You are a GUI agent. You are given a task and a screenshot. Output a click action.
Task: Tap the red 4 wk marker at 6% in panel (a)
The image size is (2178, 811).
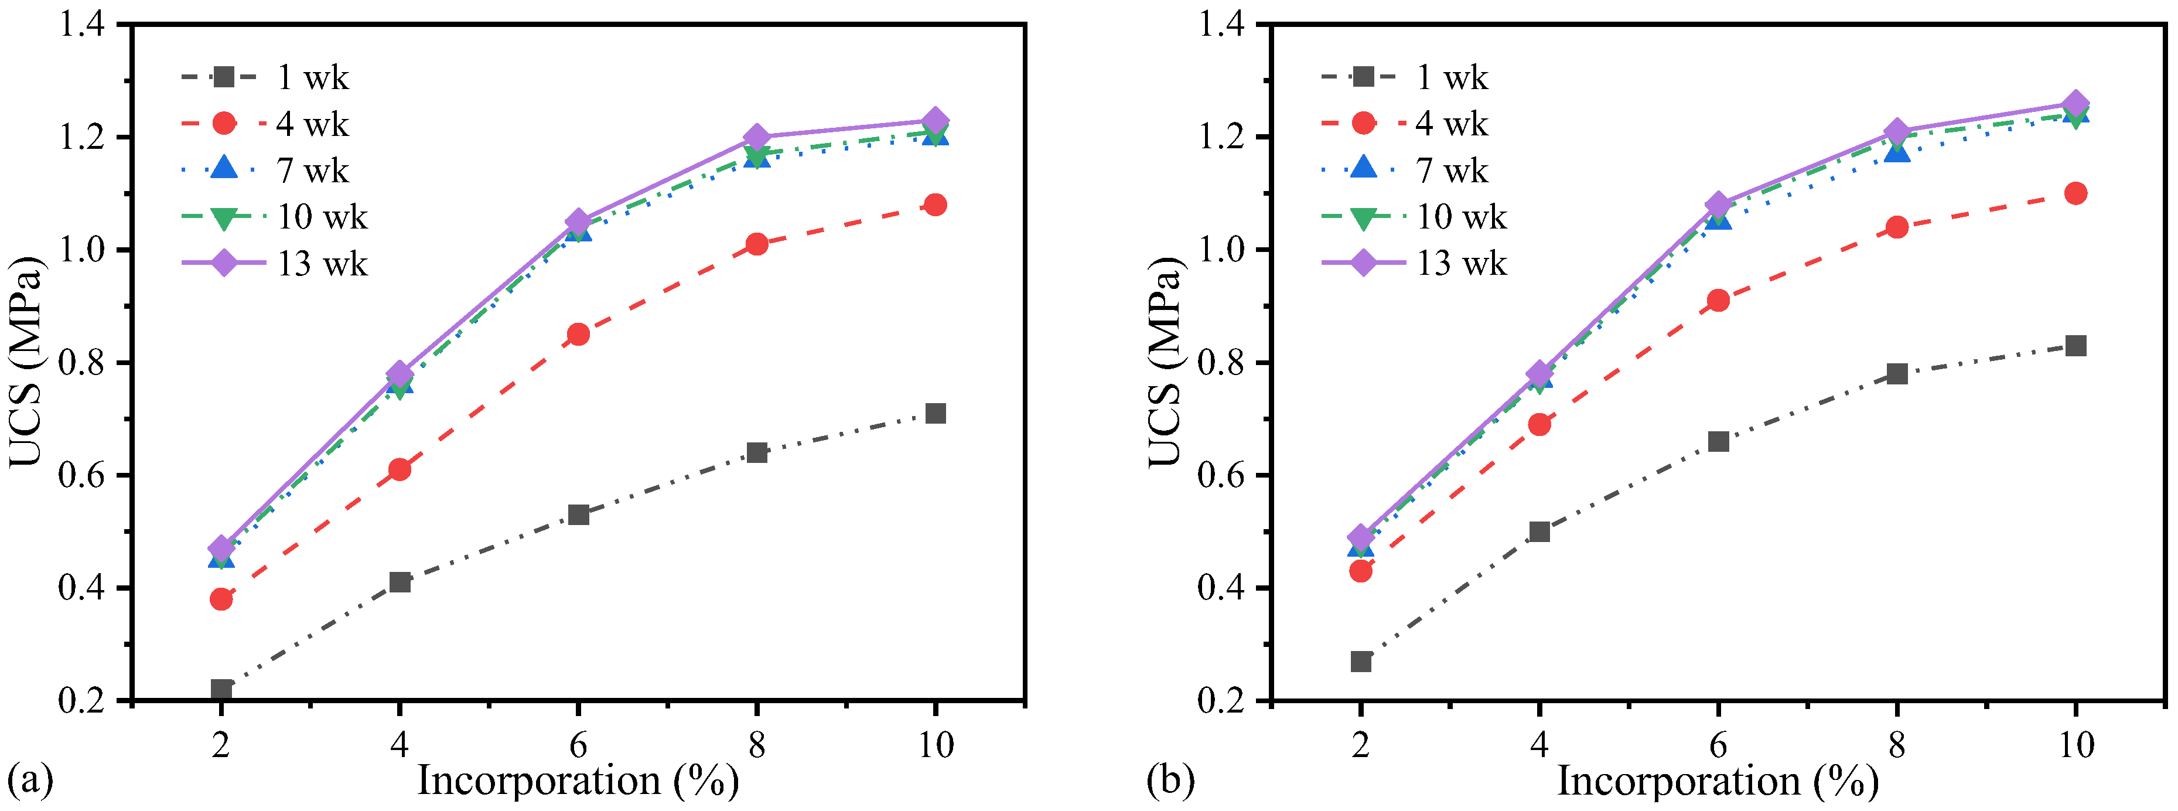tap(578, 334)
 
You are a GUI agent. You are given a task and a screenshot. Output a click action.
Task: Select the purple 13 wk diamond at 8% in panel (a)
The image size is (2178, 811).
tap(757, 137)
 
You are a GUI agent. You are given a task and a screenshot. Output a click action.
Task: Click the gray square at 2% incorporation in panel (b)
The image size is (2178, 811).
tap(1360, 662)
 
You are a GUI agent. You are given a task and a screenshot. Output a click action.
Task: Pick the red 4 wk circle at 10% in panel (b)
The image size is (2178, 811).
tap(2075, 193)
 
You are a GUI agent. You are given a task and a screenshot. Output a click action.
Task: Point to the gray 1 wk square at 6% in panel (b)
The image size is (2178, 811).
tap(1718, 441)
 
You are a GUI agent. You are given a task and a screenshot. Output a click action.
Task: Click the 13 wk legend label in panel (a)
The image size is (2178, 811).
tap(322, 264)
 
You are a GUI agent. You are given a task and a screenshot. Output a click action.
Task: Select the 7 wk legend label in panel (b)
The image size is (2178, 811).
tap(1452, 171)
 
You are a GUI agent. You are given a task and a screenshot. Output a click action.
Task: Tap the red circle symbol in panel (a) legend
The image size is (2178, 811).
tap(224, 124)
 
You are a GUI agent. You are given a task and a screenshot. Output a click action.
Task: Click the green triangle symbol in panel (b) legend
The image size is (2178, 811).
tap(1363, 218)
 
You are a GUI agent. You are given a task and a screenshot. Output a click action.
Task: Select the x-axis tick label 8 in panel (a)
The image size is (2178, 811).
tap(757, 745)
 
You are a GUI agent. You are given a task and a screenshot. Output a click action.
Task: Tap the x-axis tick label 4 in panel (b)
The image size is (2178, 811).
tap(1539, 745)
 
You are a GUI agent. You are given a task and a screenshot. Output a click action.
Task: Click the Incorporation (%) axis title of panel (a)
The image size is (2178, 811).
tap(578, 781)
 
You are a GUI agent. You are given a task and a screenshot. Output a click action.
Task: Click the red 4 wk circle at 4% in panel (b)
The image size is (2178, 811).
tap(1539, 424)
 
